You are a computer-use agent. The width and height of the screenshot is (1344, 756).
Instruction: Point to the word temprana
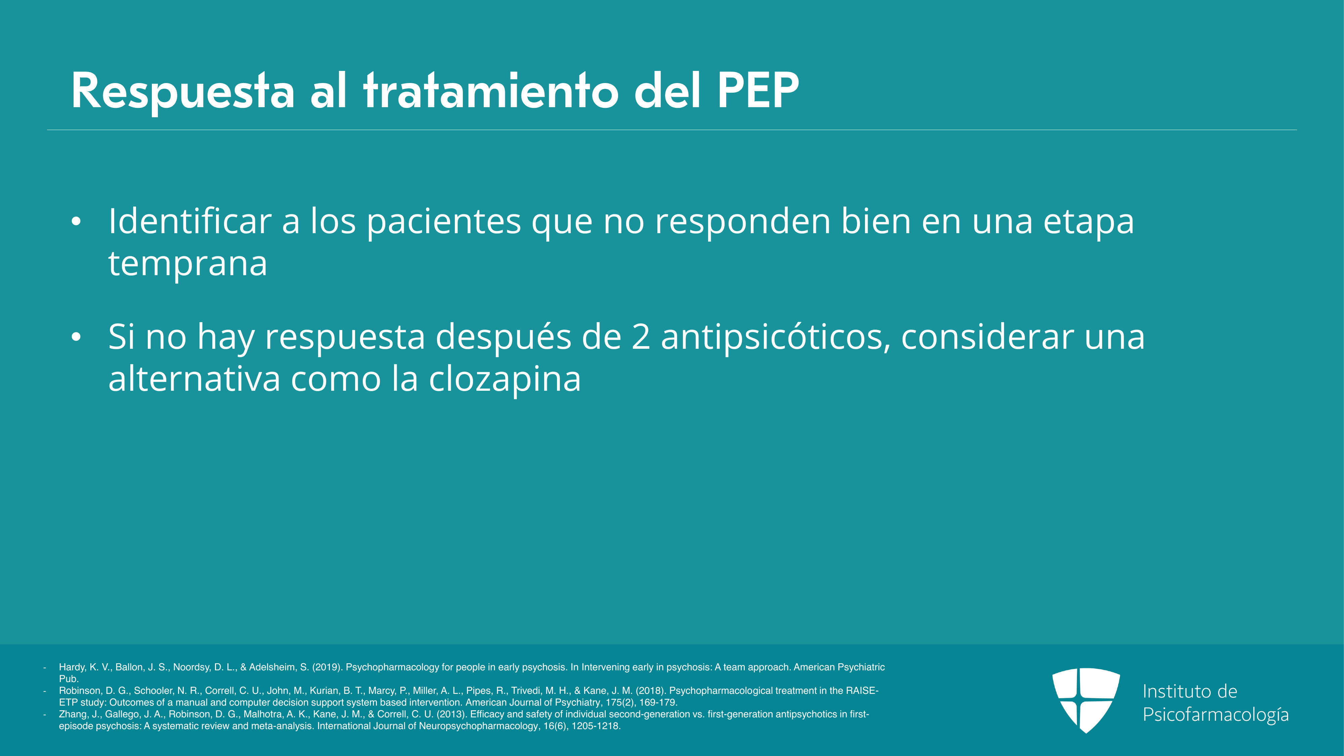(x=188, y=264)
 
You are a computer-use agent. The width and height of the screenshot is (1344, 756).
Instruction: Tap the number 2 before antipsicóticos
(x=641, y=337)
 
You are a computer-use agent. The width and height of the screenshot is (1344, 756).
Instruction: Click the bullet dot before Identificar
(x=76, y=222)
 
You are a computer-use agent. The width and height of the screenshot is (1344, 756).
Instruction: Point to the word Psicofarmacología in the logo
(x=1216, y=714)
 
